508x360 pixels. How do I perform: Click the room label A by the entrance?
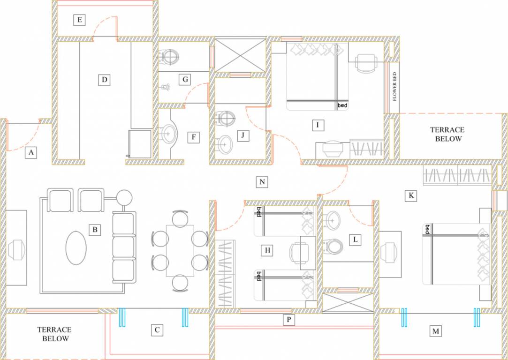point(31,152)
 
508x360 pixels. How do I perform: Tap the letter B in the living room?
point(95,230)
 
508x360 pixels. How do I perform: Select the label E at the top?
point(79,20)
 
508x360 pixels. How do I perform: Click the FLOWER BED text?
point(394,87)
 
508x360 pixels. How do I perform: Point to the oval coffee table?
point(76,249)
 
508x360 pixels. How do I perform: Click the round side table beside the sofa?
point(125,197)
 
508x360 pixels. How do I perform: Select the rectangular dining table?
point(180,251)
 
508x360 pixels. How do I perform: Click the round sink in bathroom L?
point(333,218)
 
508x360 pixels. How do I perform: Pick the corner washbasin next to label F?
point(168,135)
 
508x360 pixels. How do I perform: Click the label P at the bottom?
point(289,320)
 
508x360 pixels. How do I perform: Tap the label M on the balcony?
point(436,331)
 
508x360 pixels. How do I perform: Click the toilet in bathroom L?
point(334,246)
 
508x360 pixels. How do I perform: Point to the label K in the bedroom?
point(411,195)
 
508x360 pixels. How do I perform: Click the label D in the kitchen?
point(104,80)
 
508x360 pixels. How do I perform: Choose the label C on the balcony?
point(157,330)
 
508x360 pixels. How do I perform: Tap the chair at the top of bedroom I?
point(365,62)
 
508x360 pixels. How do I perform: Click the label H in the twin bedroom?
point(267,251)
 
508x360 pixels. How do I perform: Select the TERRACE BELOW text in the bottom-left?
point(54,334)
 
